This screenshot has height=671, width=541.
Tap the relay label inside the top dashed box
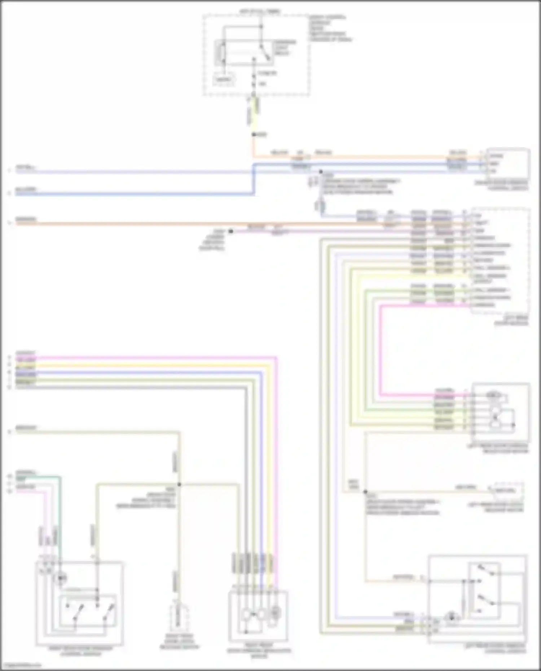click(x=285, y=48)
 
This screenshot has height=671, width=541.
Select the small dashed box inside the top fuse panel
click(x=224, y=79)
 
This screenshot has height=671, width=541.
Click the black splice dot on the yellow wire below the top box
click(x=254, y=135)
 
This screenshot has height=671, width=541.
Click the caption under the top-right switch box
click(x=501, y=185)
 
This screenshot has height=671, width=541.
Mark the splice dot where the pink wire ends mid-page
click(x=231, y=231)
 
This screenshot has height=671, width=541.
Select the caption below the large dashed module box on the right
click(x=511, y=321)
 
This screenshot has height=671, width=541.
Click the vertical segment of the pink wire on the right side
click(x=380, y=350)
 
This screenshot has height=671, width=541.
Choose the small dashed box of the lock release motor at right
click(x=508, y=490)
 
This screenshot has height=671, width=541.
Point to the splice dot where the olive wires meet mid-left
click(x=179, y=485)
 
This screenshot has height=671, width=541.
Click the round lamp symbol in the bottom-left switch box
click(x=61, y=578)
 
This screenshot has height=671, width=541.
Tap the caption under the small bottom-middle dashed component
click(x=179, y=644)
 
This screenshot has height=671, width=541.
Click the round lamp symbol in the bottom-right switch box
click(x=451, y=618)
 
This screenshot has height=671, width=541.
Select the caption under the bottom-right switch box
click(x=495, y=649)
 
